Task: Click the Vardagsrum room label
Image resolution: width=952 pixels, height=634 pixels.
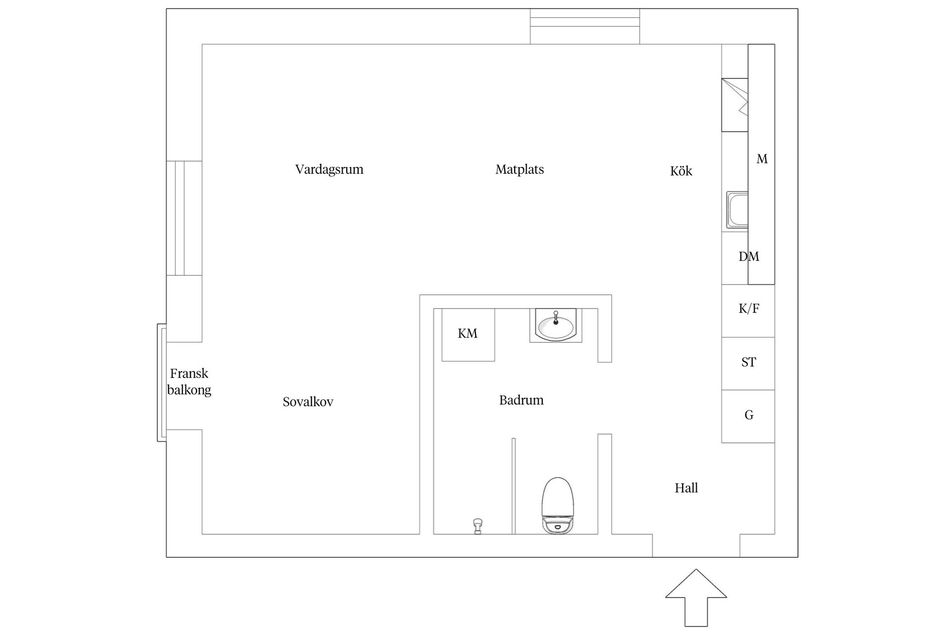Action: [329, 169]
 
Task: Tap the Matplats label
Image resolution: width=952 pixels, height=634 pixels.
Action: [520, 169]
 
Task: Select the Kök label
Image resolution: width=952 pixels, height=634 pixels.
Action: [681, 171]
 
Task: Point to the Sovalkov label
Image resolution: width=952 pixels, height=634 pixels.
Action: [308, 402]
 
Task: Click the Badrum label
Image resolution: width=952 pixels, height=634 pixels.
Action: [521, 400]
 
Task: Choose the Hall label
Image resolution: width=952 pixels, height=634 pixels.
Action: [686, 488]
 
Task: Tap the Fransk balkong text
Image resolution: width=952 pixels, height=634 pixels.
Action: [189, 381]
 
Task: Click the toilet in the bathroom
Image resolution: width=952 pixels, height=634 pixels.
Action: [558, 505]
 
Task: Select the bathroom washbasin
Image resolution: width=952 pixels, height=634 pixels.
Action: [556, 325]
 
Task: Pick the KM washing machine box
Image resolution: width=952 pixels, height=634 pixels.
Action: [468, 334]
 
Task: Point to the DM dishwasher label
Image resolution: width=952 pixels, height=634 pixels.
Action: [749, 257]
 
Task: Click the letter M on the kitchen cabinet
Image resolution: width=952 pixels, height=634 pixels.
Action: [762, 159]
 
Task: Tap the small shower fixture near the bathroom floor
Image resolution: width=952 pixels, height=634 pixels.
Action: [477, 526]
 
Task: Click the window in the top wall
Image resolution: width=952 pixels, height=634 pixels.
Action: [585, 26]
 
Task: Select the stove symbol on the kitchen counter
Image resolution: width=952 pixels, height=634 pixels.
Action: [735, 105]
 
